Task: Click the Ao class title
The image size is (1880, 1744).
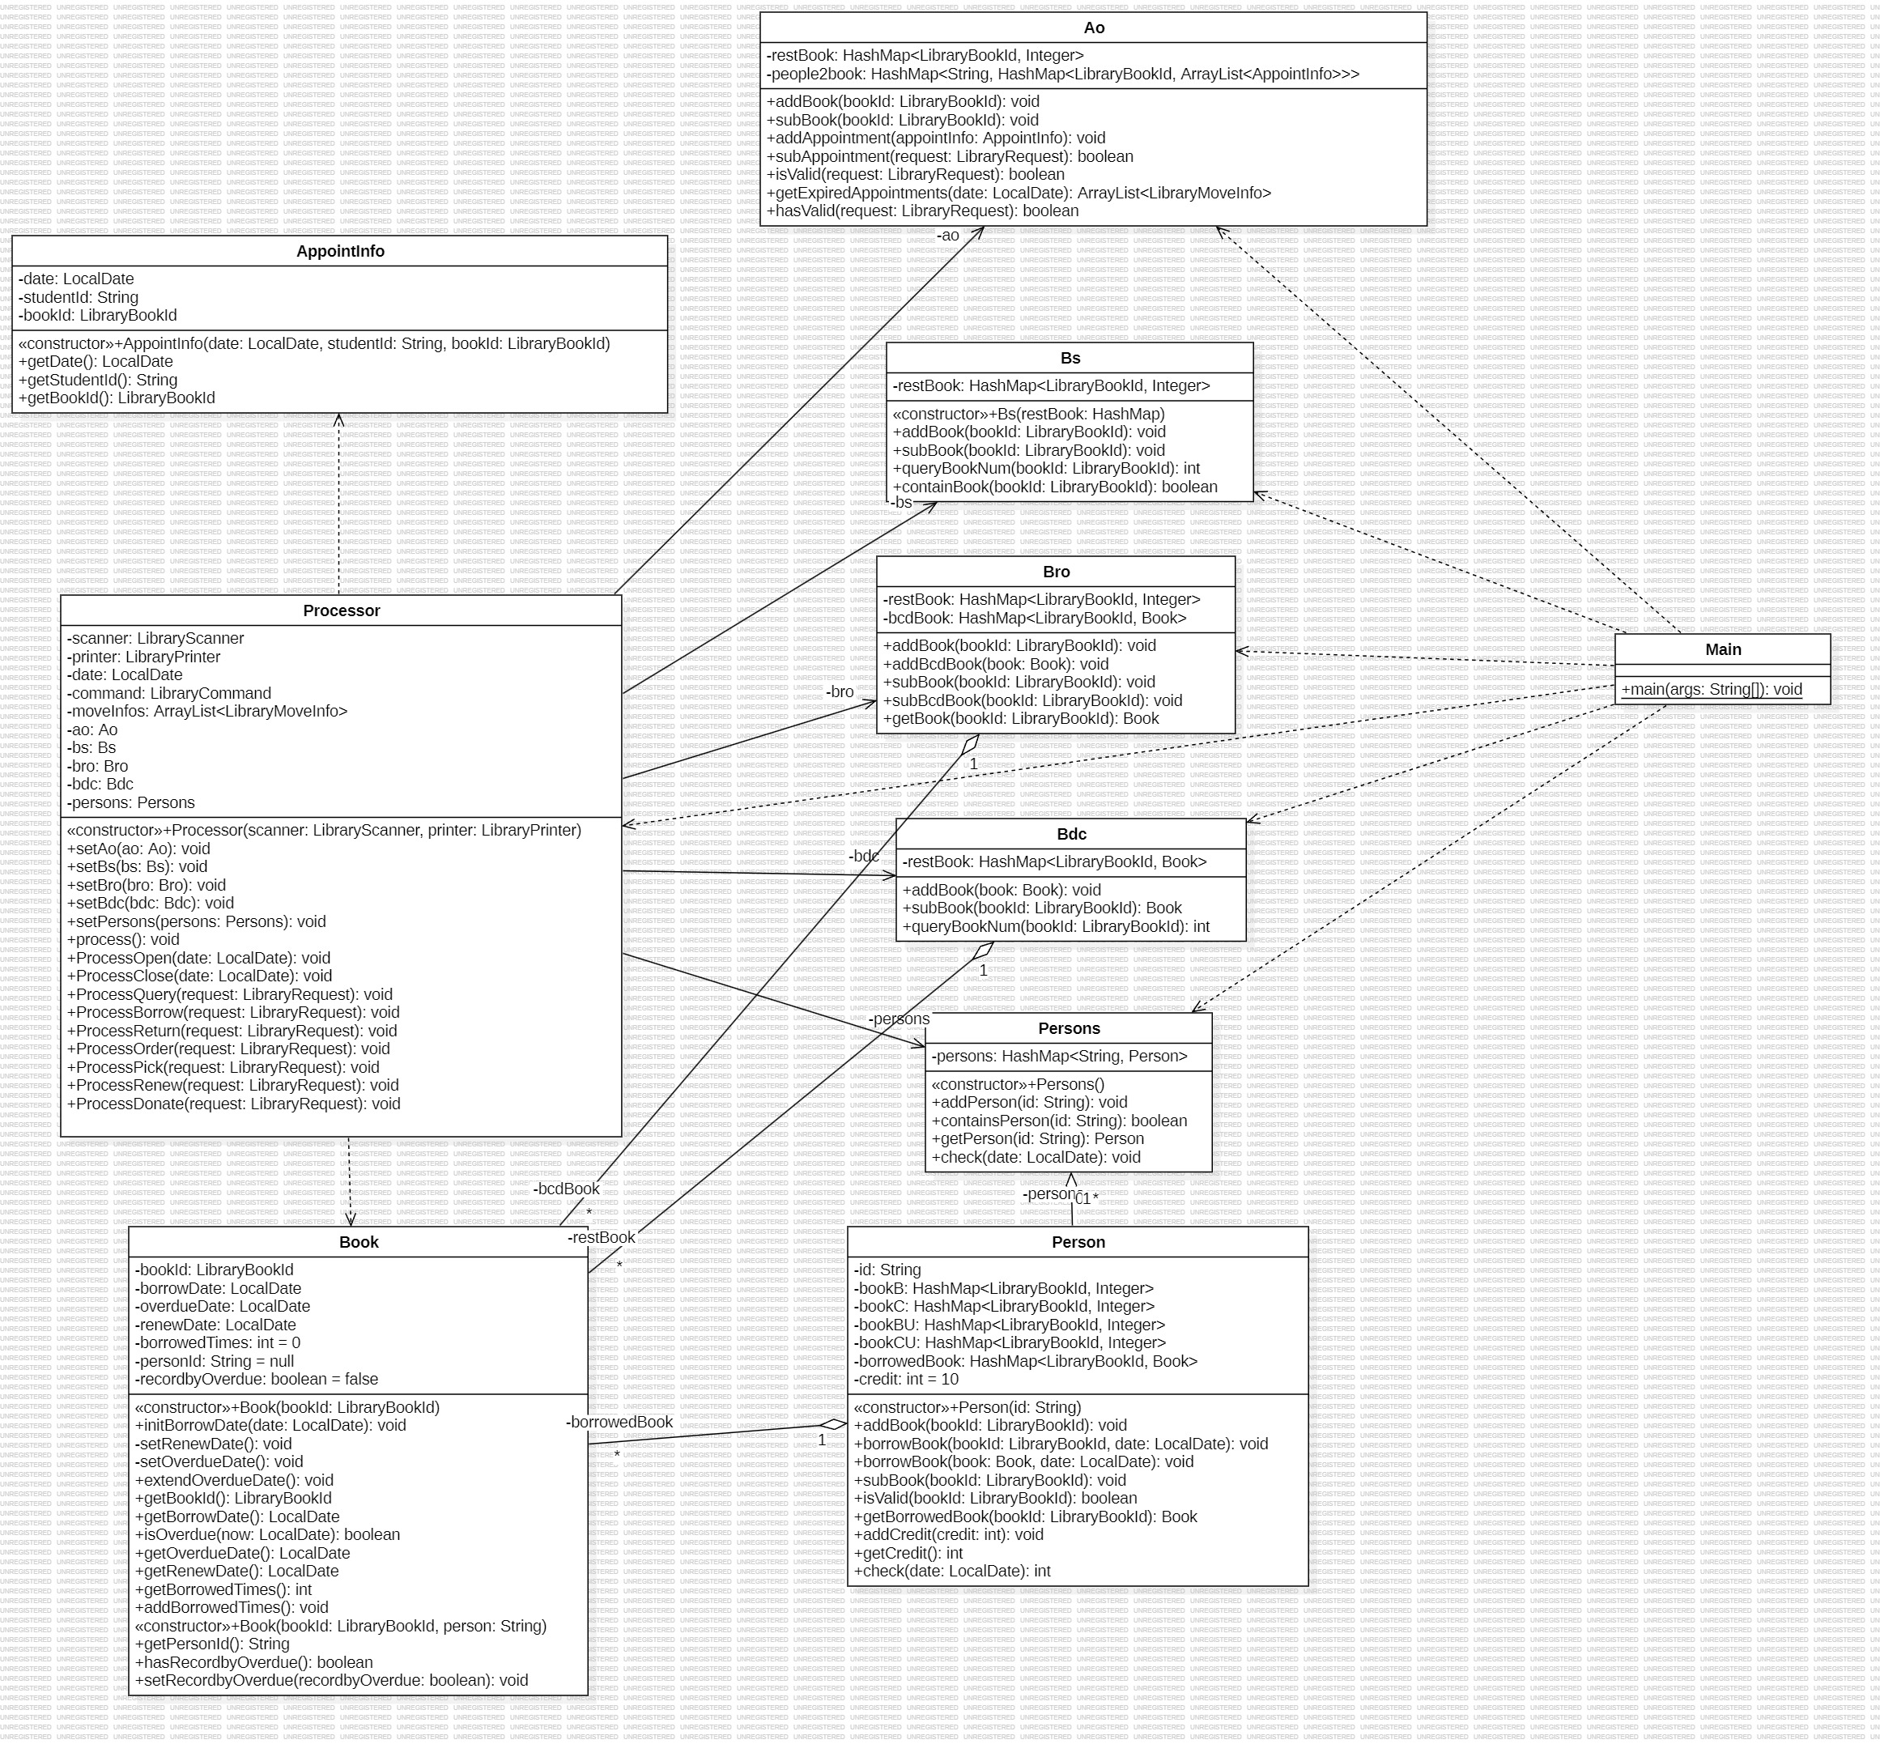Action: tap(1093, 28)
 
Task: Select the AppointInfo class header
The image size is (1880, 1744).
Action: tap(340, 251)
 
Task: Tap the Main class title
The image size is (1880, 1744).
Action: tap(1722, 649)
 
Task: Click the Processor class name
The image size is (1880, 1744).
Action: tap(341, 610)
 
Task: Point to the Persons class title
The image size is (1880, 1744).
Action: tap(1069, 1028)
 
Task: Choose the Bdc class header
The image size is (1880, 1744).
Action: tap(1071, 834)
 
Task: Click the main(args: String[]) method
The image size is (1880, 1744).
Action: tap(1711, 689)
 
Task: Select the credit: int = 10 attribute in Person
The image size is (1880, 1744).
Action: tap(906, 1379)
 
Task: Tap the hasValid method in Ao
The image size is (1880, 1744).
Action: tap(922, 211)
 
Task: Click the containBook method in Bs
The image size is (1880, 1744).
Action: tap(1054, 487)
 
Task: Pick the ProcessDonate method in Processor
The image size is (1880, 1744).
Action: tap(233, 1104)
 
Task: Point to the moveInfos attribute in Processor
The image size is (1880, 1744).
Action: tap(206, 711)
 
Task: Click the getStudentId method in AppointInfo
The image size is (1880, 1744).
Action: tap(97, 380)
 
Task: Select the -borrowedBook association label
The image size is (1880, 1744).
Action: tap(619, 1423)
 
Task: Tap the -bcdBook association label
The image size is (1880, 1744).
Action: tap(566, 1189)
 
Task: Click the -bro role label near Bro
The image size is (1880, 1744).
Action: tap(839, 691)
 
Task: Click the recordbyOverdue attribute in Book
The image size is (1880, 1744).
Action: tap(257, 1379)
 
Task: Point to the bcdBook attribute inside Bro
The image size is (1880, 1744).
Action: tap(1035, 618)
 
